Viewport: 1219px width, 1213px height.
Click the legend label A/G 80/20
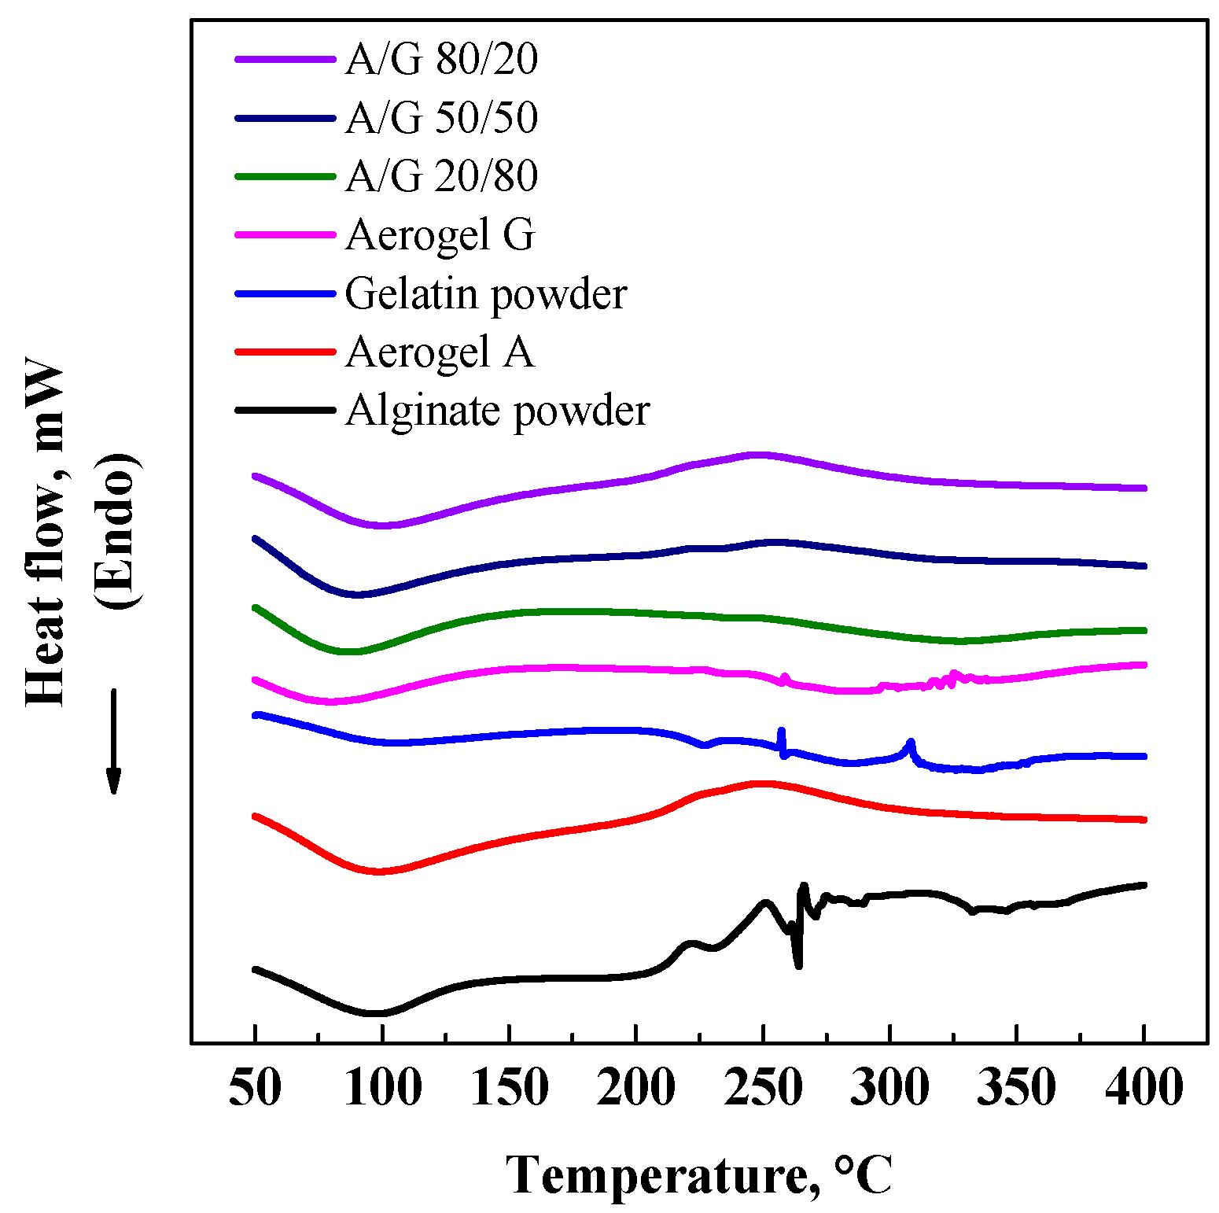pyautogui.click(x=441, y=59)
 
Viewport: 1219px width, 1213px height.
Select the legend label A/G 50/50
pyautogui.click(x=441, y=118)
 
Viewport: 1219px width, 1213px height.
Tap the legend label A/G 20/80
pyautogui.click(x=441, y=176)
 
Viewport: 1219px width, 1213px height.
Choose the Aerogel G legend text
pyautogui.click(x=440, y=234)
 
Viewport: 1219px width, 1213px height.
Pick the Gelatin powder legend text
pyautogui.click(x=485, y=294)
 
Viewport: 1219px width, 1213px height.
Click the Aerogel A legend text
pyautogui.click(x=440, y=352)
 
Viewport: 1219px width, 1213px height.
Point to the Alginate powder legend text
pyautogui.click(x=497, y=411)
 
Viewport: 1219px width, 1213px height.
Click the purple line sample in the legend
pyautogui.click(x=285, y=59)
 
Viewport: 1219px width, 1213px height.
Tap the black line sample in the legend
pyautogui.click(x=285, y=410)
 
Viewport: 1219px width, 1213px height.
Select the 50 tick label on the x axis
pyautogui.click(x=255, y=1088)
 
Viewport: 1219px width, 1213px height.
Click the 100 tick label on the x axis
pyautogui.click(x=382, y=1088)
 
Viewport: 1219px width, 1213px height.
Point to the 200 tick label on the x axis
pyautogui.click(x=635, y=1088)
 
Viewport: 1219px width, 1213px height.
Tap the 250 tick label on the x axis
pyautogui.click(x=762, y=1088)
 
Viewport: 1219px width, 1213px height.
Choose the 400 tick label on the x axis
pyautogui.click(x=1144, y=1088)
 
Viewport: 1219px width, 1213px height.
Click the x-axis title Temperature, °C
pyautogui.click(x=698, y=1176)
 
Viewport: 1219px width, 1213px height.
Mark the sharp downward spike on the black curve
pyautogui.click(x=798, y=964)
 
